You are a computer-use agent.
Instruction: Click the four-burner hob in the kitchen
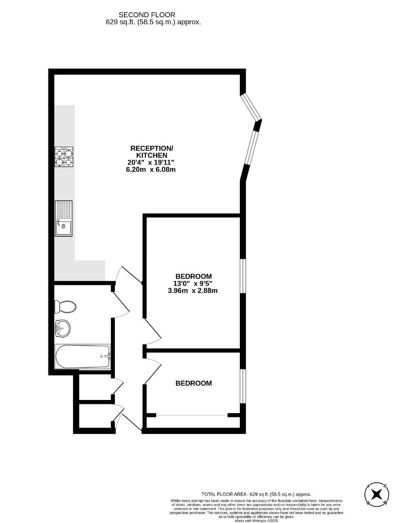tap(64, 157)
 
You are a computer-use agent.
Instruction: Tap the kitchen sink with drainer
tap(63, 218)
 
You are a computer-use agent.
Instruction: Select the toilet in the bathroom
tap(65, 307)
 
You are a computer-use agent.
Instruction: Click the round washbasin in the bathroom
tap(63, 329)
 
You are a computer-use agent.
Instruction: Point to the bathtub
tap(82, 357)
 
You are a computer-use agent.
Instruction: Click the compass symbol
tap(377, 494)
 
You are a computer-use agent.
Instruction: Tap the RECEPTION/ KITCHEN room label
tap(152, 151)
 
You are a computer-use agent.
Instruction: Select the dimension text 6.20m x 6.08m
tap(152, 169)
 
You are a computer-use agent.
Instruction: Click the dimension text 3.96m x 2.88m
tap(193, 291)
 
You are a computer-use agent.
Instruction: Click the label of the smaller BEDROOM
tap(193, 383)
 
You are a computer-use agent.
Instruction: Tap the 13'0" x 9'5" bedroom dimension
tap(193, 283)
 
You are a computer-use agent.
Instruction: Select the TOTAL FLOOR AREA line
tap(256, 494)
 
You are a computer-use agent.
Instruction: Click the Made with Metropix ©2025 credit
tap(257, 521)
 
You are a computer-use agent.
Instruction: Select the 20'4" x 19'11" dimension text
tap(152, 162)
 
